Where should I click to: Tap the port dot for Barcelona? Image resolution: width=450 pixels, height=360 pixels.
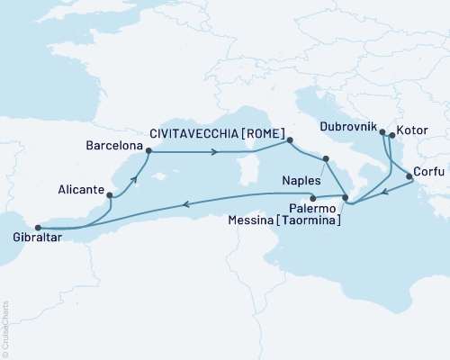pos(148,151)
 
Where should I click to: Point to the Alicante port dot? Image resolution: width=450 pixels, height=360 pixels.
pos(109,194)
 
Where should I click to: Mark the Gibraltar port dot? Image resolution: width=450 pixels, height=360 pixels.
pos(37,228)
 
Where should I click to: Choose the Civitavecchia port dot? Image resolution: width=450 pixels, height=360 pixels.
pos(289,140)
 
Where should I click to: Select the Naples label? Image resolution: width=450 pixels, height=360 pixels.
pos(301,179)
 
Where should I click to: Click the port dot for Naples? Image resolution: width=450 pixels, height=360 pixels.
pos(326,159)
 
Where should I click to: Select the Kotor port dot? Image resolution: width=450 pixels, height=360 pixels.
pos(391,137)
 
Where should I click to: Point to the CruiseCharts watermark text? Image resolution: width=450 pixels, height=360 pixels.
pos(5,325)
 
